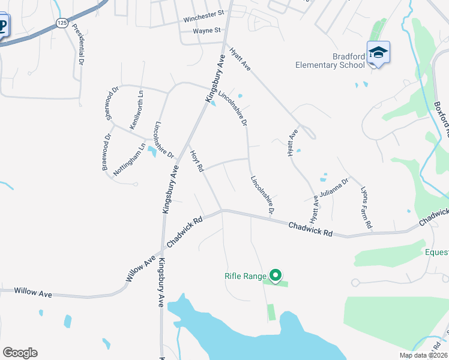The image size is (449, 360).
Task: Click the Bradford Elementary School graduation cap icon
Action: (x=378, y=52)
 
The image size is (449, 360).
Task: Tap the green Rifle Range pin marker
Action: (x=276, y=275)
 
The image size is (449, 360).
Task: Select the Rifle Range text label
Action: (x=245, y=276)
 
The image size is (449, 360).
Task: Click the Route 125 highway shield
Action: (x=62, y=22)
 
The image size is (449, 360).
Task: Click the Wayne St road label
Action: (x=207, y=29)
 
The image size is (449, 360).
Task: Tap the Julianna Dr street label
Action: (x=334, y=187)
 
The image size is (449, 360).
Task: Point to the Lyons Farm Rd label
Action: (x=367, y=208)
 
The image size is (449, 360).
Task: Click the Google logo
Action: (x=20, y=353)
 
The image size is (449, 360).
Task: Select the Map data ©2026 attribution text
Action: (x=423, y=355)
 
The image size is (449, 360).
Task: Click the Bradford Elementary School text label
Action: (x=330, y=61)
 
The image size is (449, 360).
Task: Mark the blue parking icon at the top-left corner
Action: (x=2, y=26)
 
